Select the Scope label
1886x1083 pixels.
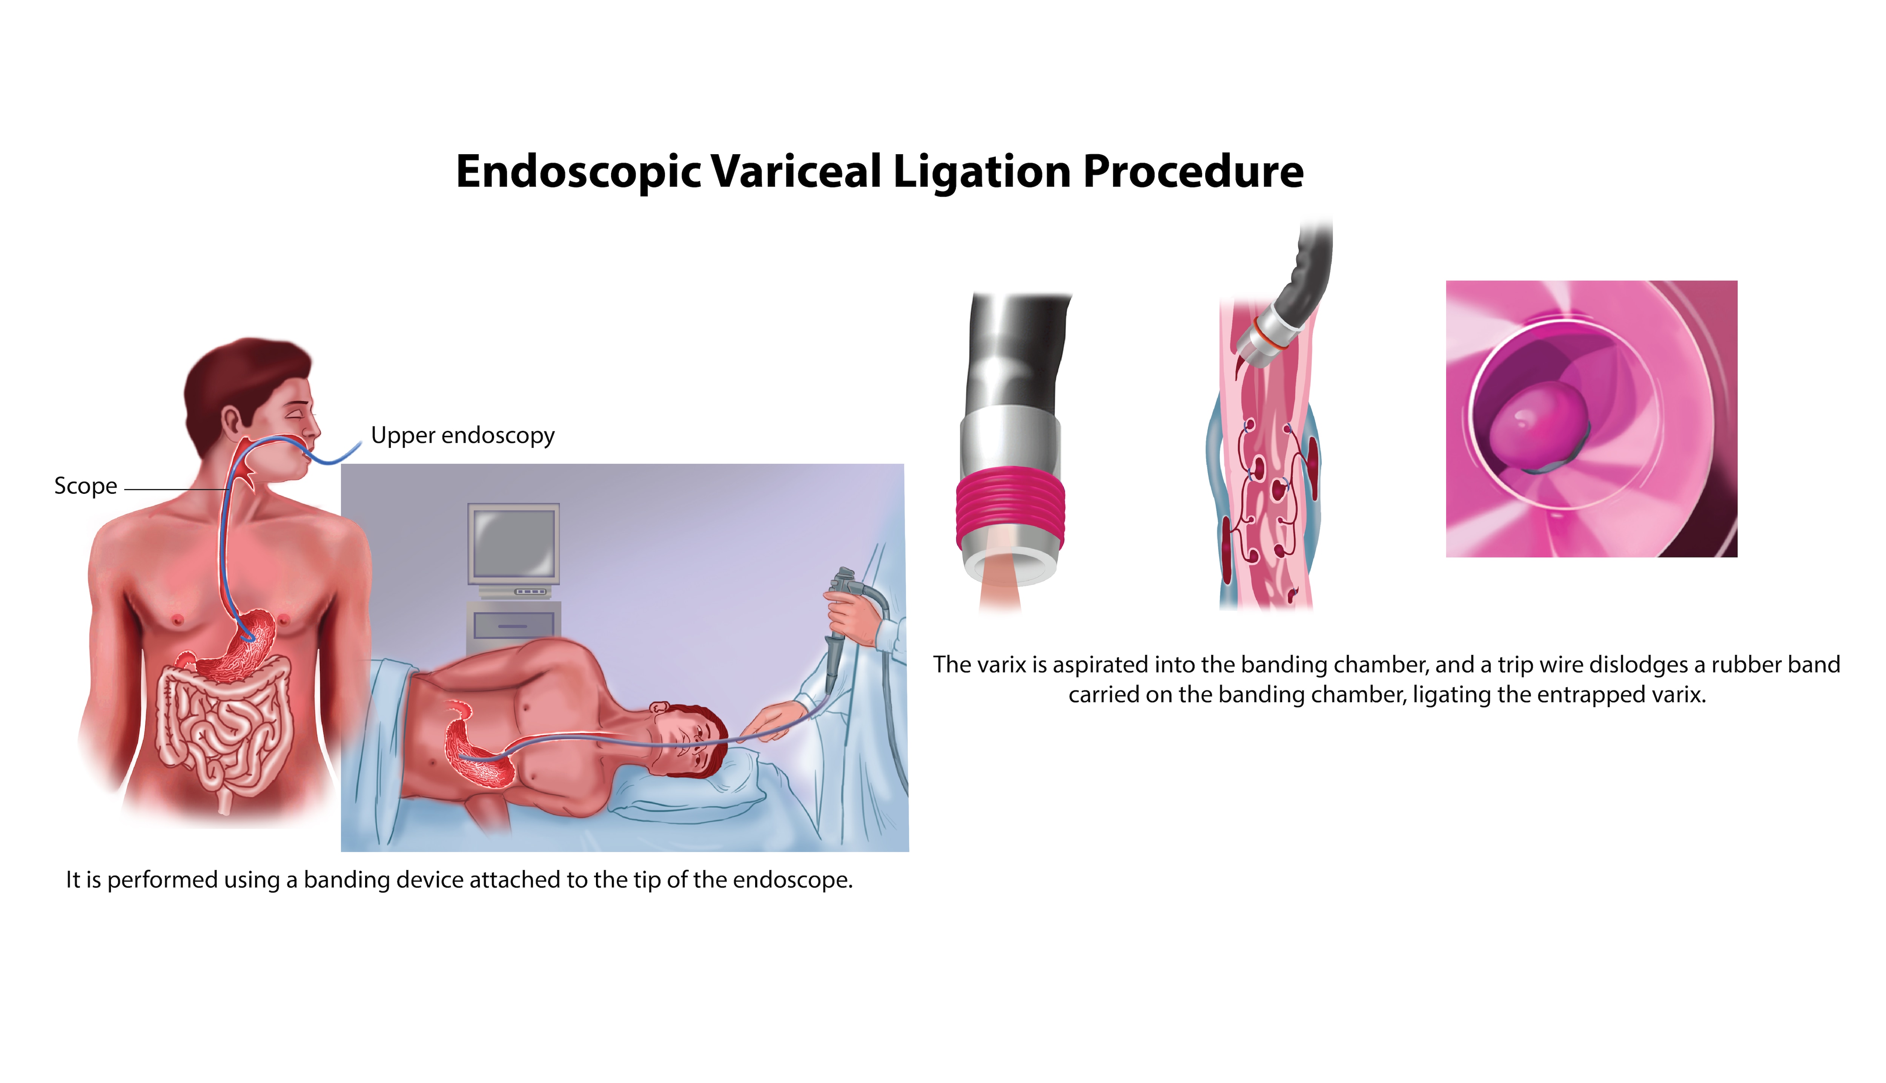(86, 486)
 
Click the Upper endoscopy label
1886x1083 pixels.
(462, 435)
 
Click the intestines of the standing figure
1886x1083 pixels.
(223, 729)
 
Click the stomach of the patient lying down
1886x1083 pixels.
(476, 751)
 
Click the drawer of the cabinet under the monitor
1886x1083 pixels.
(513, 625)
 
